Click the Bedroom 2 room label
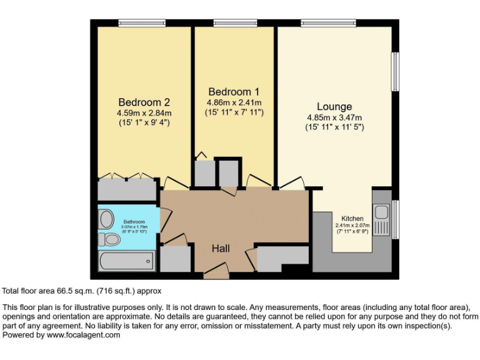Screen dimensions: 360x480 point(144,102)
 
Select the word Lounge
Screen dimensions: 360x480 point(334,106)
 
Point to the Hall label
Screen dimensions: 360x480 point(221,248)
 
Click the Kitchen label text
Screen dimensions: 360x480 point(352,218)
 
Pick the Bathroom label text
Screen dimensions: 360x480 point(134,222)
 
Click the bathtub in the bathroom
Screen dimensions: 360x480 point(126,260)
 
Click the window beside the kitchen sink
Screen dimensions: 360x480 point(395,219)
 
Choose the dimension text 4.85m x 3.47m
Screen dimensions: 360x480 point(334,117)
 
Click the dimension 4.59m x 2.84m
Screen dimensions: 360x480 point(144,113)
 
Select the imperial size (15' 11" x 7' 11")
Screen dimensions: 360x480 point(234,112)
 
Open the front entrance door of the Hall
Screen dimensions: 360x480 point(216,271)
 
